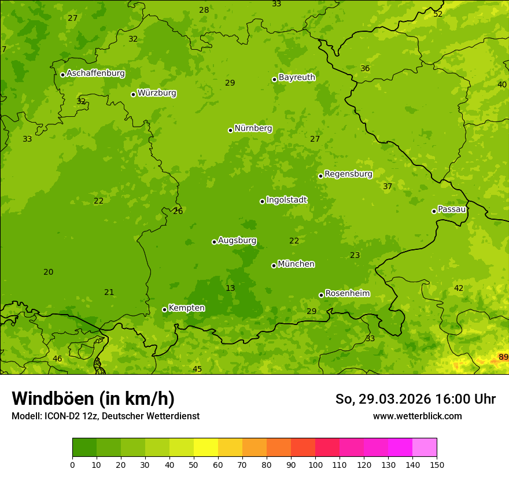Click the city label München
(x=296, y=264)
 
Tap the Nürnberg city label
(x=253, y=128)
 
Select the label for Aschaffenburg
(x=95, y=73)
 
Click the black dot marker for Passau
(x=434, y=211)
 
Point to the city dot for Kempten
(x=164, y=309)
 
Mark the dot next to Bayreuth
(x=274, y=79)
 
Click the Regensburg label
(x=348, y=174)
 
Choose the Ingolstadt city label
(x=286, y=200)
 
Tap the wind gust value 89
(x=503, y=357)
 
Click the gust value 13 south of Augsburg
(x=230, y=288)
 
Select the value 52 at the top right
(x=438, y=14)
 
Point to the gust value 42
(x=459, y=288)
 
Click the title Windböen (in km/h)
(x=93, y=398)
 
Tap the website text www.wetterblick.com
(x=417, y=416)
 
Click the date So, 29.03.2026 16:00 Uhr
(x=415, y=399)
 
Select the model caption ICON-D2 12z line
(x=105, y=416)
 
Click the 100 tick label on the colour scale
(x=315, y=464)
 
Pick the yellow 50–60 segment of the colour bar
(x=206, y=448)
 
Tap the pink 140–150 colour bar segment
(x=425, y=448)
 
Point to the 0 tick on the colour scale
(x=72, y=464)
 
